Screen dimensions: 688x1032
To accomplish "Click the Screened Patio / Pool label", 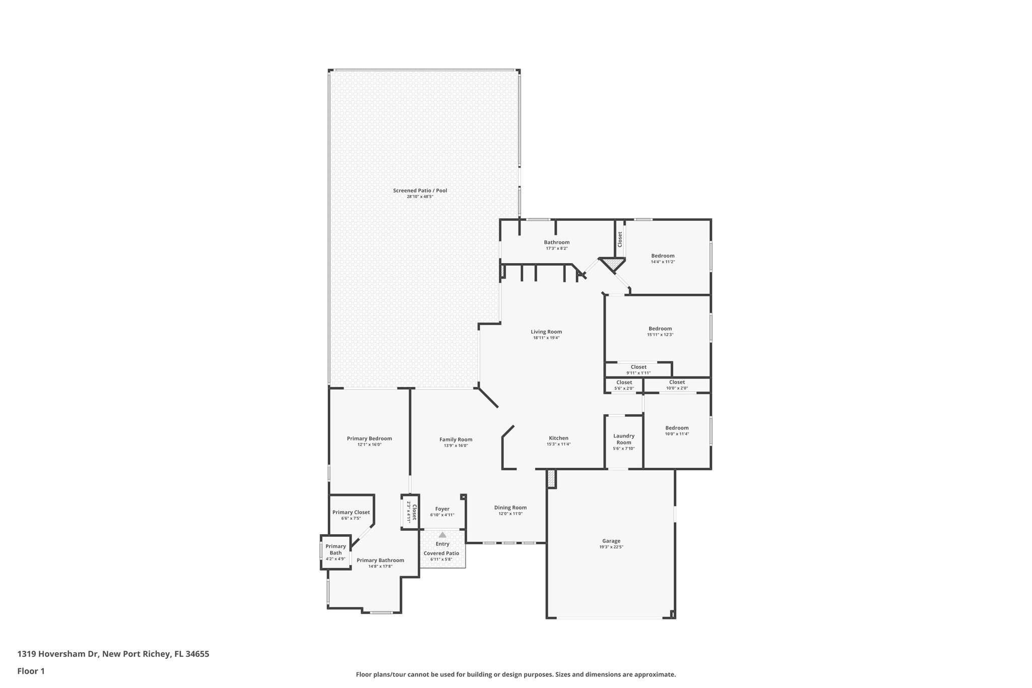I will coord(420,191).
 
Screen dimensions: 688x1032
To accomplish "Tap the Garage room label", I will coord(611,541).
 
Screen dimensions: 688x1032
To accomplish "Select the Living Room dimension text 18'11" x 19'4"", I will coord(546,338).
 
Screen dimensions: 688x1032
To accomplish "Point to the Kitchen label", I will coord(558,438).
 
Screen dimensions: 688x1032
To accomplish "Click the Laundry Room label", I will coord(623,439).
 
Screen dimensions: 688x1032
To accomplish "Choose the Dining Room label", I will coord(510,508).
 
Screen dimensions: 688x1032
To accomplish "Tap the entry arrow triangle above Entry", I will coord(442,535).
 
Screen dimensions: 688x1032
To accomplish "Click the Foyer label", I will coord(442,509).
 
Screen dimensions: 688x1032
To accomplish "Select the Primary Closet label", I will coord(351,512).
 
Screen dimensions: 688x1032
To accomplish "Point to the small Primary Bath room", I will coord(336,552).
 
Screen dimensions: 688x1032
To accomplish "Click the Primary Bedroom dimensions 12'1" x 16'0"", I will coord(369,445).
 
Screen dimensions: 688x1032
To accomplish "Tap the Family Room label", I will coord(456,440).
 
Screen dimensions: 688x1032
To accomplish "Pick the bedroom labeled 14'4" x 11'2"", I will coord(663,259).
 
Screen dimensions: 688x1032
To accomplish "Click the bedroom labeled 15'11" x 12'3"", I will coord(660,331).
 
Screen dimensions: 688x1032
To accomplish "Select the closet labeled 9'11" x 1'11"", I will coord(638,370).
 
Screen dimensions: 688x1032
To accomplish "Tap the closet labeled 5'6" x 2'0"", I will coord(624,385).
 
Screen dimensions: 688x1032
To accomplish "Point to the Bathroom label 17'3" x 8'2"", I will coord(556,245).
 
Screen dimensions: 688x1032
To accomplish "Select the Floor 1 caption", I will coord(31,671).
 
